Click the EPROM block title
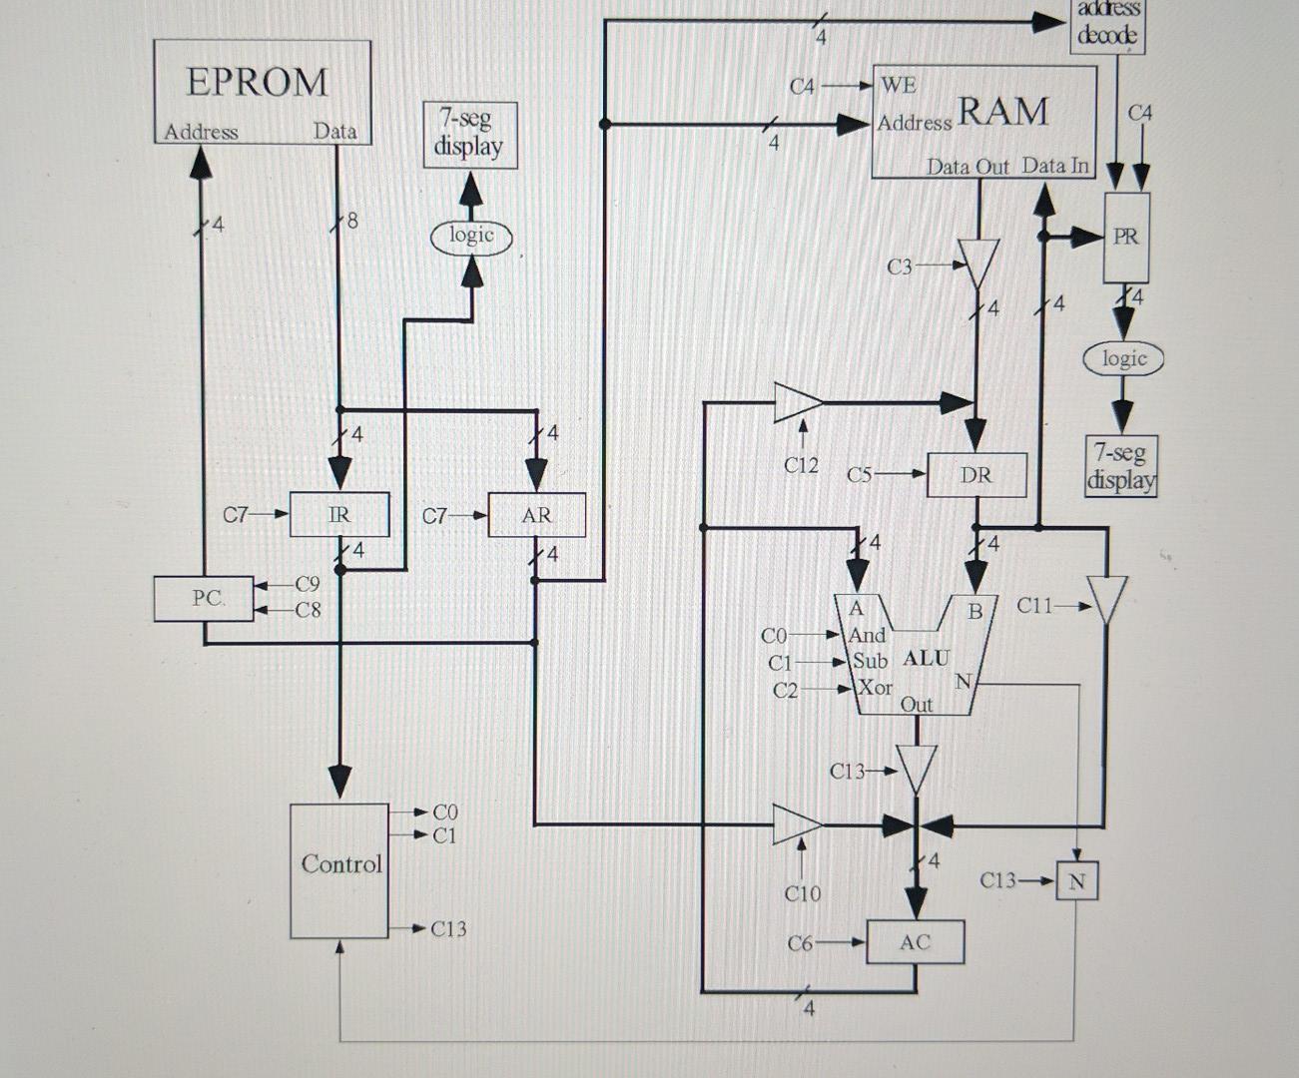(x=258, y=82)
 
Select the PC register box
(x=205, y=598)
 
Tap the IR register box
(x=339, y=515)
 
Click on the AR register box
(x=536, y=515)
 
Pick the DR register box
(x=975, y=475)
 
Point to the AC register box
(x=915, y=942)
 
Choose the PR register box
(x=1125, y=238)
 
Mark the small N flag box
(x=1076, y=881)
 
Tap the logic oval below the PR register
(x=1124, y=358)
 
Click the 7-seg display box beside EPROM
(x=469, y=134)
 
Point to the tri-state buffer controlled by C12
(x=798, y=402)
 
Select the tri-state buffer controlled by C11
(x=1106, y=599)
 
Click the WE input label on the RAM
(x=898, y=86)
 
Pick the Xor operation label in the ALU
(x=875, y=688)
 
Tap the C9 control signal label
(x=308, y=584)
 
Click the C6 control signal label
(x=801, y=942)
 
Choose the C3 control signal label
(x=900, y=267)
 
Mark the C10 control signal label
(x=803, y=893)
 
